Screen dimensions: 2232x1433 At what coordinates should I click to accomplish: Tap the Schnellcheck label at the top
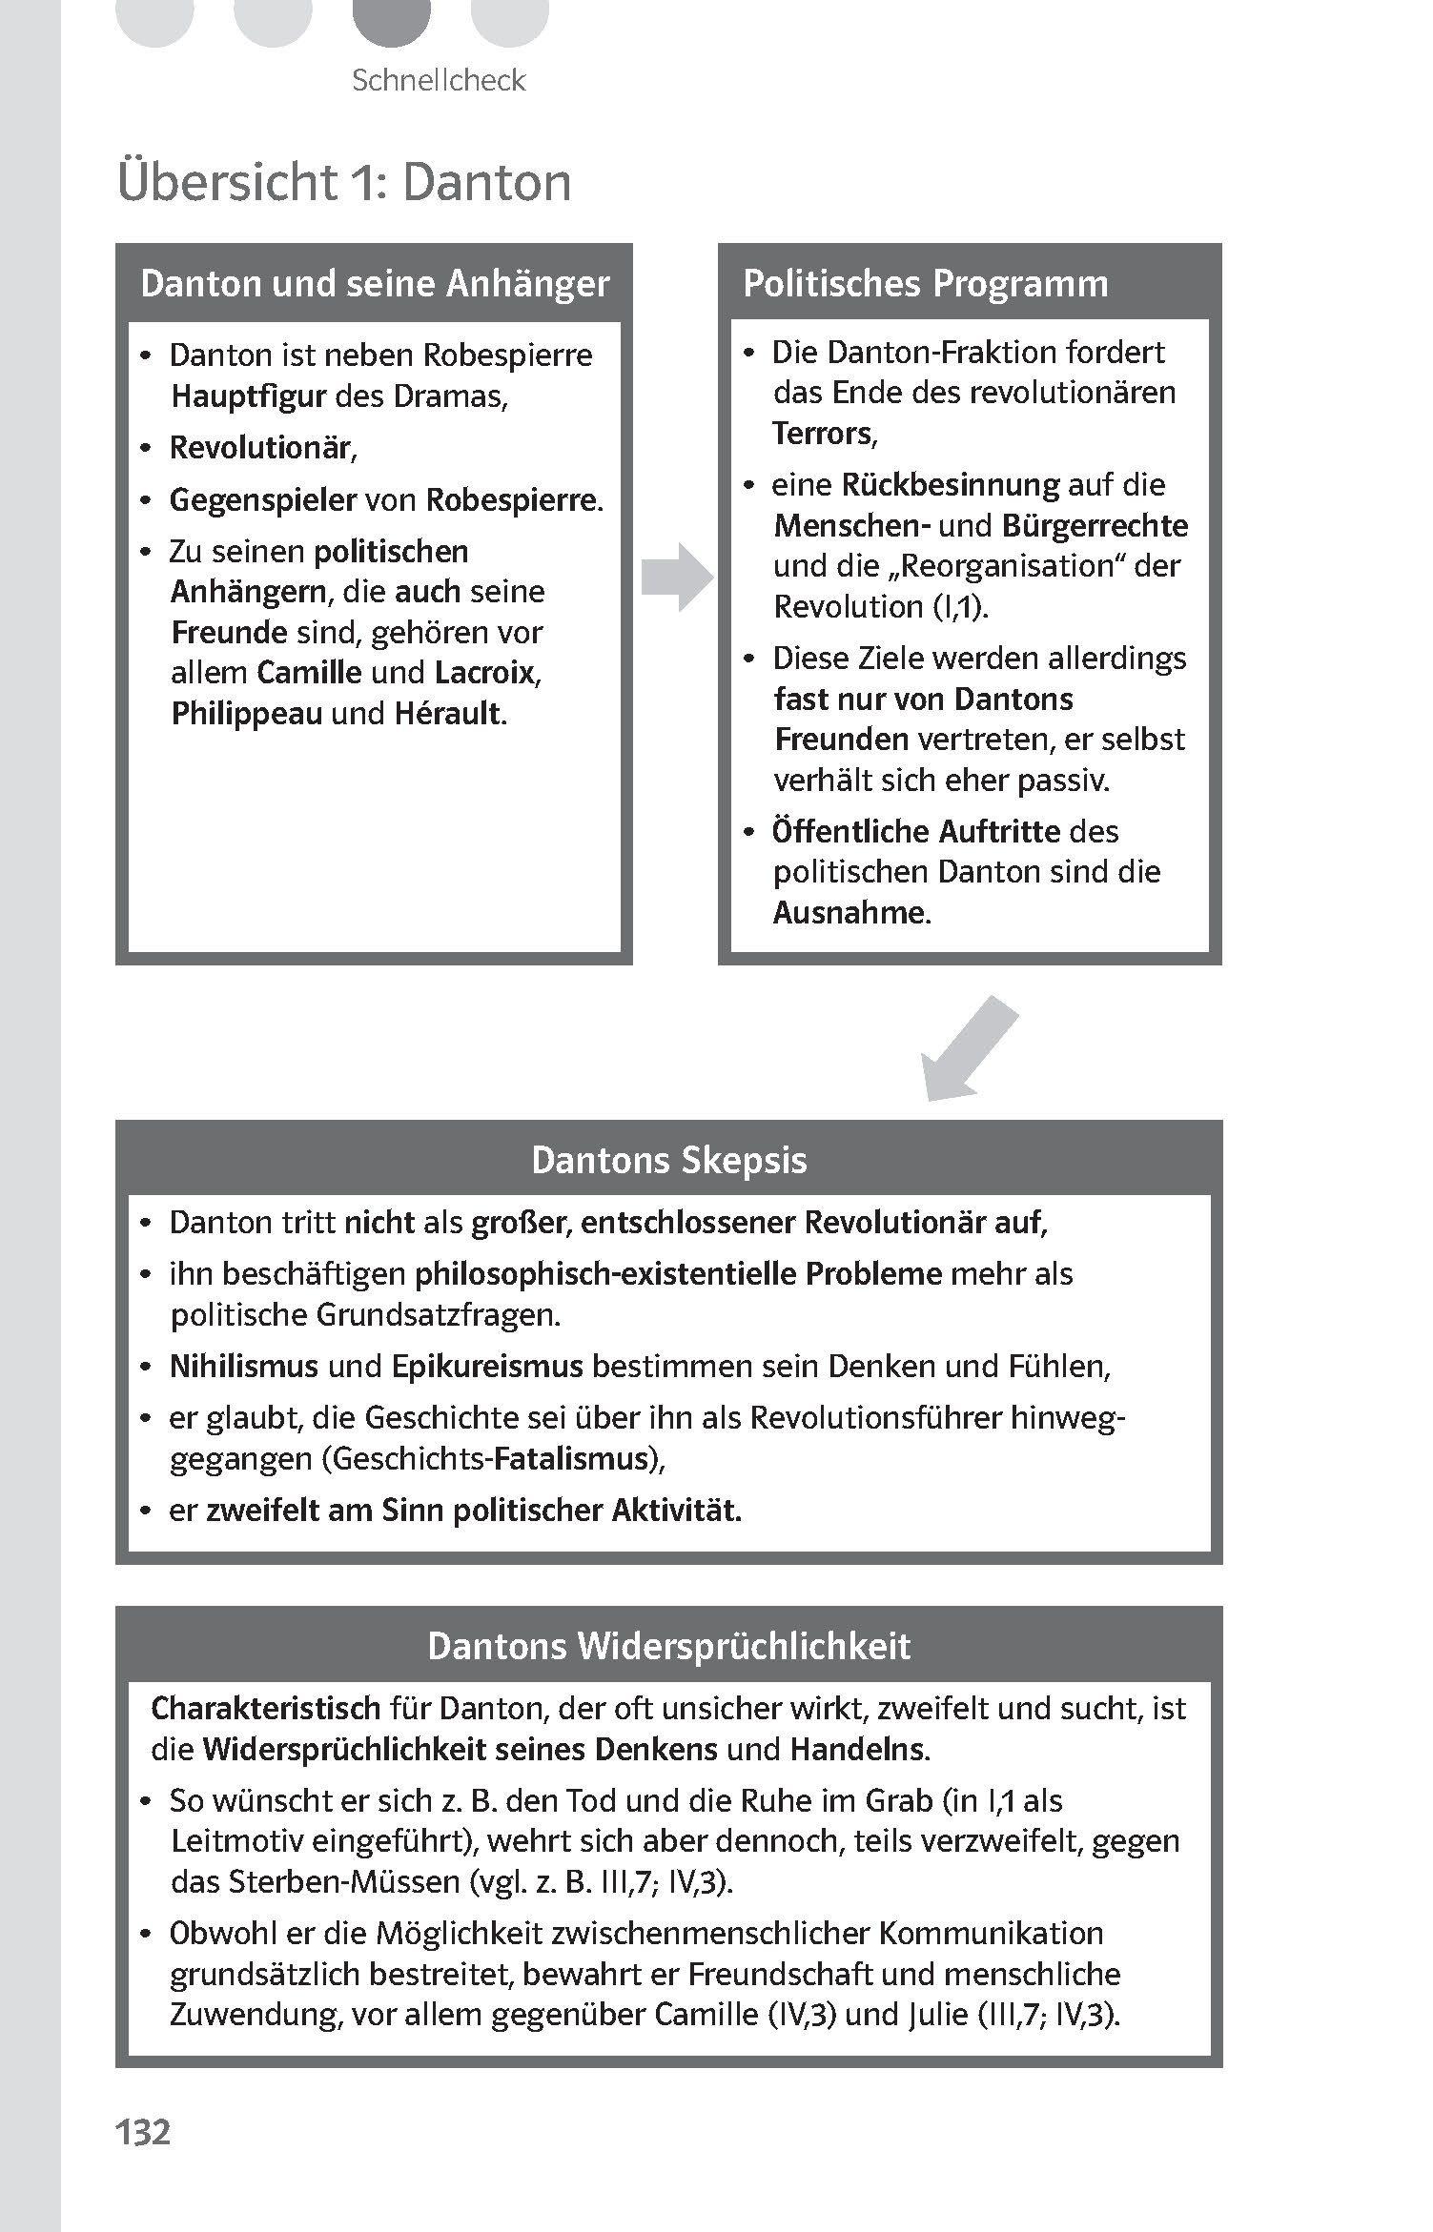[x=439, y=80]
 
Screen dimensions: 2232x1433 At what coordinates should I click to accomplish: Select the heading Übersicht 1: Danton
[x=344, y=182]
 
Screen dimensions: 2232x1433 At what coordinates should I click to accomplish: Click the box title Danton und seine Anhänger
[x=374, y=284]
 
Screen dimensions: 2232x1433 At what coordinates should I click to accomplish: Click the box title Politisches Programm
[x=925, y=284]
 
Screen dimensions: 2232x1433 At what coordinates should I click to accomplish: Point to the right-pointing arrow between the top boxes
[x=676, y=577]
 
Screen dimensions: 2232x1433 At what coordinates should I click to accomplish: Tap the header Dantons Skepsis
[x=668, y=1160]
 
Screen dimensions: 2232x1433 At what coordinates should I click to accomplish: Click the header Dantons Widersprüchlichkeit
[x=668, y=1646]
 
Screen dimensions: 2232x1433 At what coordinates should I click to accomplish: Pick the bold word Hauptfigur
[x=249, y=396]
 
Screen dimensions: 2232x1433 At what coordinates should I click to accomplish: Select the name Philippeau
[x=246, y=714]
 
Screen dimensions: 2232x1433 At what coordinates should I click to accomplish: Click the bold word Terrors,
[x=825, y=434]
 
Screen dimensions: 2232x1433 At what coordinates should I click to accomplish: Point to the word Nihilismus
[x=243, y=1367]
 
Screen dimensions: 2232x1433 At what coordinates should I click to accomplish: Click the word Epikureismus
[x=487, y=1367]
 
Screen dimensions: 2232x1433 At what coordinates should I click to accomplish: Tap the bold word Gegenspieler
[x=262, y=500]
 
